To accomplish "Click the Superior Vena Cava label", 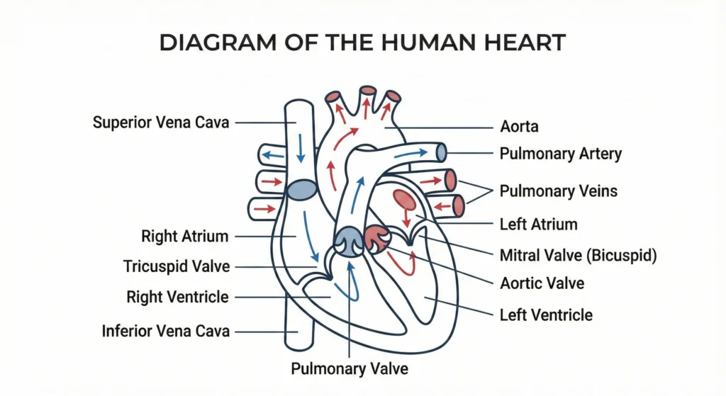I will coord(161,123).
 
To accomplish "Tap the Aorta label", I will coord(519,128).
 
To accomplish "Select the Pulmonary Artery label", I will coord(560,153).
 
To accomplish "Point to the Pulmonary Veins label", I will coord(558,191).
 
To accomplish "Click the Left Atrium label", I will coord(538,225).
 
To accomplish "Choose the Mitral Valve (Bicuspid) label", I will coord(578,255).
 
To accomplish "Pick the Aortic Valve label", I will coord(542,283).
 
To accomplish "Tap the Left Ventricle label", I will coord(546,314).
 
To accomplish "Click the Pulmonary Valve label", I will coord(350,368).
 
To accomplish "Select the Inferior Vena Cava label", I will coord(165,331).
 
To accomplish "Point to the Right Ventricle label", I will coord(178,297).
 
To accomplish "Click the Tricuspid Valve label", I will coord(177,266).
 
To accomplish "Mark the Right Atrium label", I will coord(185,235).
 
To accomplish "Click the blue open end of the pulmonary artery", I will coord(441,152).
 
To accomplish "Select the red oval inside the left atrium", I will coord(405,200).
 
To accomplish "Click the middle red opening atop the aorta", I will coord(367,91).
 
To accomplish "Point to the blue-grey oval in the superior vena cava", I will coord(302,188).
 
